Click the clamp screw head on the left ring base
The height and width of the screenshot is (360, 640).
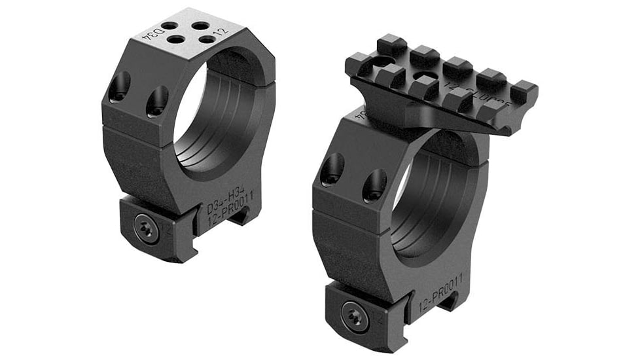tap(145, 228)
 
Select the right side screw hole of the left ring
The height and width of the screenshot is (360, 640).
tap(156, 101)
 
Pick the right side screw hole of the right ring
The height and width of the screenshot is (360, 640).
tap(374, 185)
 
